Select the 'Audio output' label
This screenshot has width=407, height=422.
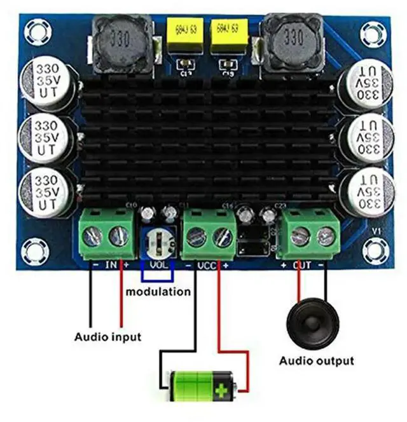click(x=316, y=361)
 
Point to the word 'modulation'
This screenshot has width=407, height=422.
click(x=158, y=292)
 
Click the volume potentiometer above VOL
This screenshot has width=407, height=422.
click(x=159, y=242)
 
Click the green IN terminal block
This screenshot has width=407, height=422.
click(x=106, y=235)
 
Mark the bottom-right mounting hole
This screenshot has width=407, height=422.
click(x=377, y=248)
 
